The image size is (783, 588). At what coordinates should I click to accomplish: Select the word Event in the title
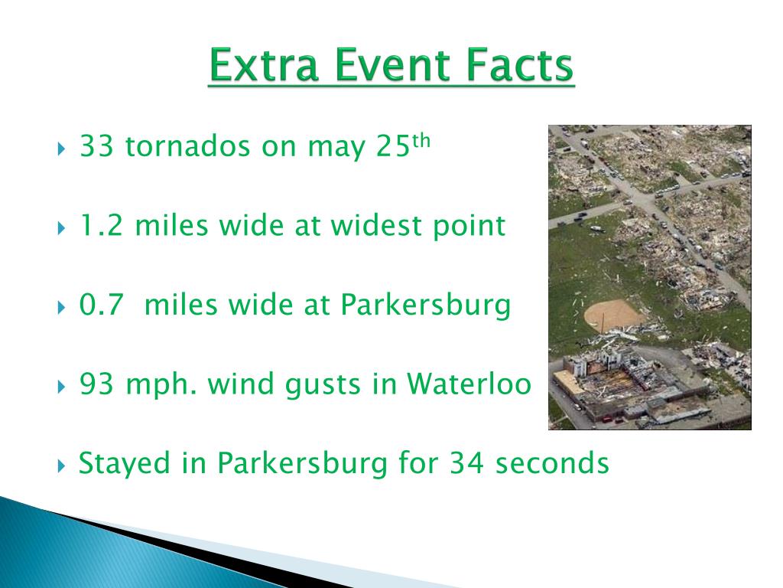click(391, 64)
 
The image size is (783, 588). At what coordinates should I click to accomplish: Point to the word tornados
click(188, 146)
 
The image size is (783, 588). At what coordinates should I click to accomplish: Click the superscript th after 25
click(421, 141)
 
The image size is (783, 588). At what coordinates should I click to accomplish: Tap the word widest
click(375, 226)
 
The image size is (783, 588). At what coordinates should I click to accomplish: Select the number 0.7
click(101, 305)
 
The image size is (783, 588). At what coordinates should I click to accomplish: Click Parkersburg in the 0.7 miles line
click(425, 305)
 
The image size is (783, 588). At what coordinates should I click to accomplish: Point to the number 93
click(96, 384)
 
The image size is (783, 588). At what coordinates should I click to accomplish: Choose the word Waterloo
click(469, 384)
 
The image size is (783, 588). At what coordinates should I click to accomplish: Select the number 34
click(466, 463)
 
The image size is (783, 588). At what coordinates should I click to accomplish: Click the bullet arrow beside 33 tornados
click(61, 149)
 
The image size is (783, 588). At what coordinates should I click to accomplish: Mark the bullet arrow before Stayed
click(61, 466)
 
